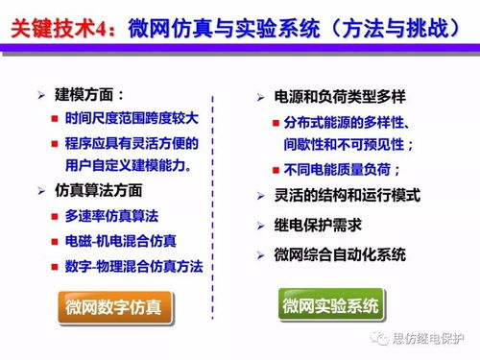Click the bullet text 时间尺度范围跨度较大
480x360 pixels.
click(128, 119)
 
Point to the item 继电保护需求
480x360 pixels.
click(318, 226)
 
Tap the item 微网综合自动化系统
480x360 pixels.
click(340, 255)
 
